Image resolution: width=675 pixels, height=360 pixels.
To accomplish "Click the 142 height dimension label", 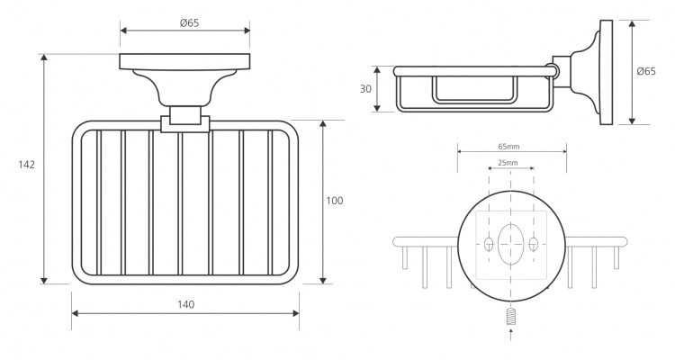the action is pos(27,165).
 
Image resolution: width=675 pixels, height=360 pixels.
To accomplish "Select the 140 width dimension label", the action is pos(185,304).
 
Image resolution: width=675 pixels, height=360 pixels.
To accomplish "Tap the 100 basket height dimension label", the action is pos(335,201).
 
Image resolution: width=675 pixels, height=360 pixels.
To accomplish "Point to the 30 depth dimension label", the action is pos(365,89).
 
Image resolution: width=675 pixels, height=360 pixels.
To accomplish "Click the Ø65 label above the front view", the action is pos(189,23).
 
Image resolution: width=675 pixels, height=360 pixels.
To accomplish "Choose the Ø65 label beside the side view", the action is pos(646,71).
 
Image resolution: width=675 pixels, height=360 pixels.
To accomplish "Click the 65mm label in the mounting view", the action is pos(508,147).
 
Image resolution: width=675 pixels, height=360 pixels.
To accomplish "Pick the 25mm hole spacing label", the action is pos(508,163).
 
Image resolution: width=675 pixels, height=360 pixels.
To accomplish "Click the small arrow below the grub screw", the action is pos(511,334).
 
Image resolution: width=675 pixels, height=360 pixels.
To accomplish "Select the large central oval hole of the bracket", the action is pos(511,244).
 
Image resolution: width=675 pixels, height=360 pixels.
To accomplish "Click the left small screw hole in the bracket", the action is pos(489,244).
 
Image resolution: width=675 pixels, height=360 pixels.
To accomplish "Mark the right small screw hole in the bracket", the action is pos(534,244).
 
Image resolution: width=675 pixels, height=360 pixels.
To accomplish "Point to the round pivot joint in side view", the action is pos(552,71).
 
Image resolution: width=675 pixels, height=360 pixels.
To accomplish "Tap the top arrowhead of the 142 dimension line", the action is pos(43,58).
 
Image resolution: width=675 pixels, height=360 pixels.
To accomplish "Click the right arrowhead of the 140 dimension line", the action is pos(295,313).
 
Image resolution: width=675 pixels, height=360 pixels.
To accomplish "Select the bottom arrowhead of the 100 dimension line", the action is pos(323,280).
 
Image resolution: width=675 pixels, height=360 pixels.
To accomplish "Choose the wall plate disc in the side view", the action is pos(606,72).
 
